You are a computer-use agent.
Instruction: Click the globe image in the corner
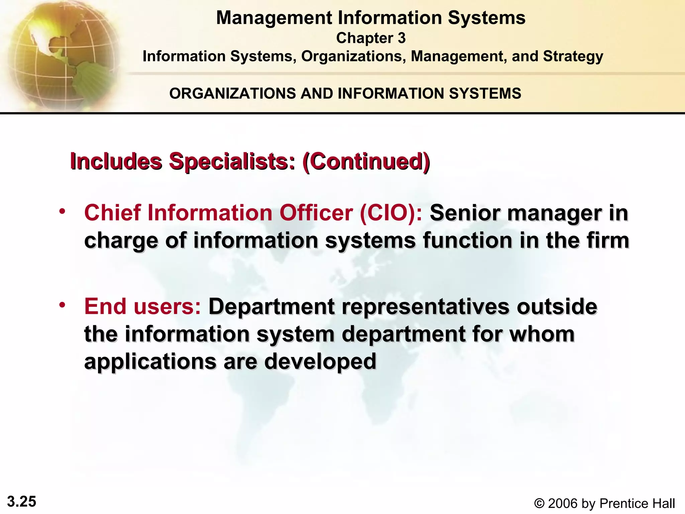point(60,55)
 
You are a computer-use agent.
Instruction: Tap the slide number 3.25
point(22,502)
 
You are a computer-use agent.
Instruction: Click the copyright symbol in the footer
point(539,504)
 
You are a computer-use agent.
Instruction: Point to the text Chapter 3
point(371,38)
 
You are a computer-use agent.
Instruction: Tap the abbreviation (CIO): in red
point(391,213)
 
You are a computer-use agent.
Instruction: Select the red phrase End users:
point(142,307)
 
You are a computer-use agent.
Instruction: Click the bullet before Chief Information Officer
point(62,211)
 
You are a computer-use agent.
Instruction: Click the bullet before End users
point(62,305)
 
